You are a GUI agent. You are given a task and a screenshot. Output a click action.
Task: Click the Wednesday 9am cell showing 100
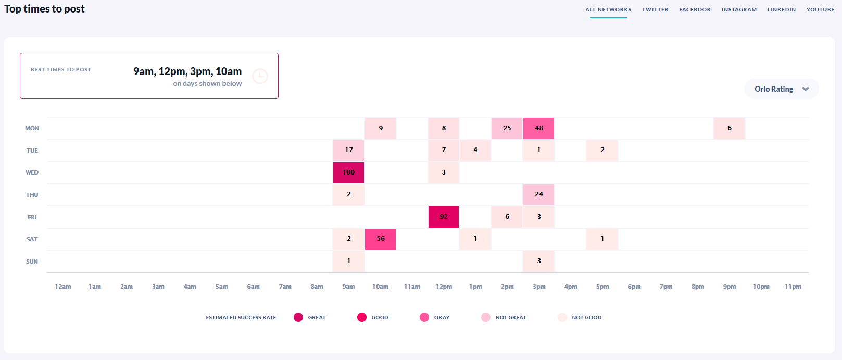[x=348, y=172]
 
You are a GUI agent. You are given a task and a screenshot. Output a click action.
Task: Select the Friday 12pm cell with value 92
[x=444, y=217]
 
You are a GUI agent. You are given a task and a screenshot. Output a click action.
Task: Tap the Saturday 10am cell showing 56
[x=381, y=239]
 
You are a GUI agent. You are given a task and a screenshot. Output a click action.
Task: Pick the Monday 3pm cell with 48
[x=539, y=128]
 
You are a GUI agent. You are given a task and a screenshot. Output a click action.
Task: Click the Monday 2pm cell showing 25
[x=507, y=128]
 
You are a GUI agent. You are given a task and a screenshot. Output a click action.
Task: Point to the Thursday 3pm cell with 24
[x=539, y=194]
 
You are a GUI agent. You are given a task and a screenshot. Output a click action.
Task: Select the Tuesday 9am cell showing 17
[x=349, y=150]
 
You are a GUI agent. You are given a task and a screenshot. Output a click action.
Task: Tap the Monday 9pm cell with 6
[x=730, y=128]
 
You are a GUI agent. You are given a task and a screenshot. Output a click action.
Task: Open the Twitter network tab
[x=655, y=10]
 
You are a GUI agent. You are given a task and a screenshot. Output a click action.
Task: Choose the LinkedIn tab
[x=782, y=10]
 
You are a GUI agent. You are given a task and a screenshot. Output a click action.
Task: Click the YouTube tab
[x=820, y=10]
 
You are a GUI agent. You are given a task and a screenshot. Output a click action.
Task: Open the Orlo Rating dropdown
[x=782, y=89]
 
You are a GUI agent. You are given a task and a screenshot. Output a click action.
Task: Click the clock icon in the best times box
[x=260, y=77]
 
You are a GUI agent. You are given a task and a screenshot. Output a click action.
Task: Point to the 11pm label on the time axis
[x=793, y=287]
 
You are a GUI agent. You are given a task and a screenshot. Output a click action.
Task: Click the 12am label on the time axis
[x=63, y=287]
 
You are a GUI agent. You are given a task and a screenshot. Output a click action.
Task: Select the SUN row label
[x=32, y=262]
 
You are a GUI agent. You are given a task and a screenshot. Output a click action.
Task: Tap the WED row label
[x=32, y=172]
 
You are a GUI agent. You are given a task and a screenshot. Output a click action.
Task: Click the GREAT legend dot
[x=298, y=317]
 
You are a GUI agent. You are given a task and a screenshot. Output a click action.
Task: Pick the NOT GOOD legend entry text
[x=586, y=317]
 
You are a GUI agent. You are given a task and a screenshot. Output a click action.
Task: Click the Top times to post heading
[x=45, y=9]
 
